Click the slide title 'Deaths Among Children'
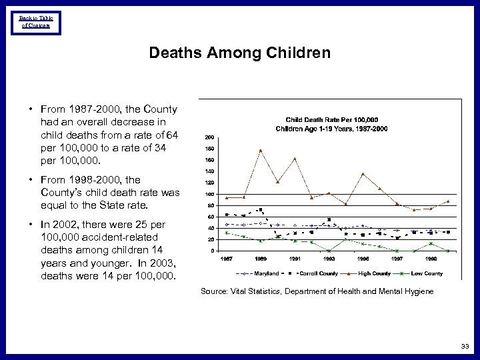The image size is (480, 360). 239,52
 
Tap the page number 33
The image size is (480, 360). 464,346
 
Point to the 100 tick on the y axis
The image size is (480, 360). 210,193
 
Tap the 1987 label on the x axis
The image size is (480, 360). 227,259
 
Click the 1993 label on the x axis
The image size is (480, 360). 329,259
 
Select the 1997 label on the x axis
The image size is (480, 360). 397,259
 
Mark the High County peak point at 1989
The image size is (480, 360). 261,150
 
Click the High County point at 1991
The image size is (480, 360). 295,159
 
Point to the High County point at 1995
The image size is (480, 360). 363,174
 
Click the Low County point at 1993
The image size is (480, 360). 329,251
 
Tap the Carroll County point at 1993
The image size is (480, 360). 329,219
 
